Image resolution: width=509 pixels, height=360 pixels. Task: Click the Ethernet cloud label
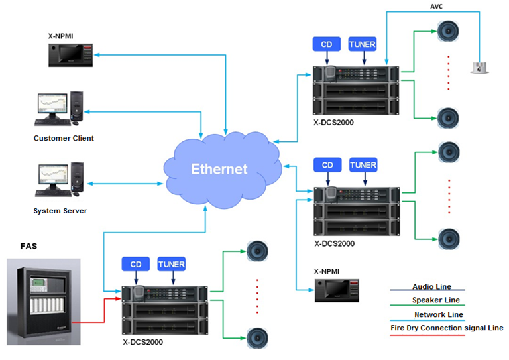pyautogui.click(x=219, y=168)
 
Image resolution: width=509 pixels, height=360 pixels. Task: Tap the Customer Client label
pyautogui.click(x=64, y=139)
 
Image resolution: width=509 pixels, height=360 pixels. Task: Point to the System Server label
pyautogui.click(x=60, y=211)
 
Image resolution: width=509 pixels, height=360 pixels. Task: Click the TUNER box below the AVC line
pyautogui.click(x=363, y=44)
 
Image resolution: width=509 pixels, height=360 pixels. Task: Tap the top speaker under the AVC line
pyautogui.click(x=447, y=30)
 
